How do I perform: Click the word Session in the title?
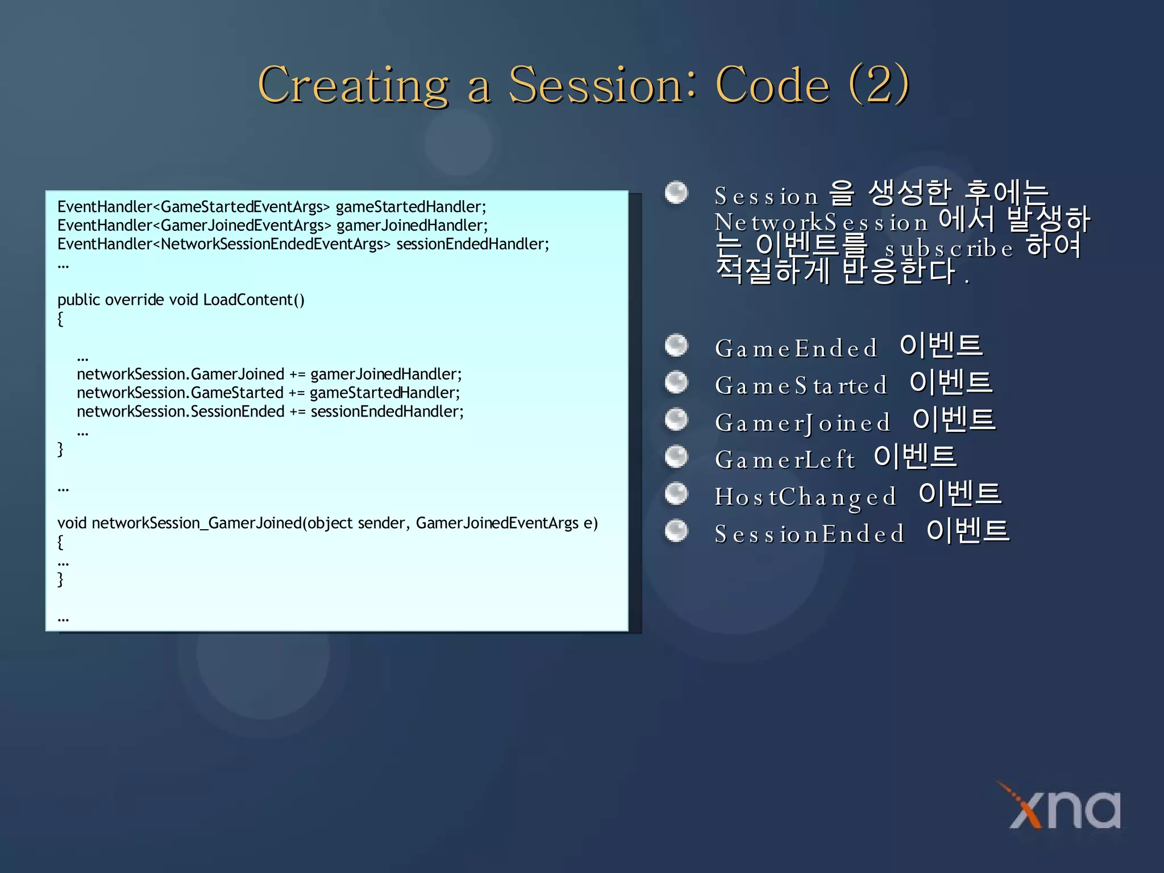point(602,85)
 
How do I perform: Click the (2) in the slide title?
point(879,85)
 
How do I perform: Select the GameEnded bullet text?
point(796,348)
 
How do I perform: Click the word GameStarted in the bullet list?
point(801,386)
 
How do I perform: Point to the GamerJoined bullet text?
point(802,423)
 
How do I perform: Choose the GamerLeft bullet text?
point(784,460)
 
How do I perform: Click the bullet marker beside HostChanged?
point(676,493)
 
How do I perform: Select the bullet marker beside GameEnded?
point(676,345)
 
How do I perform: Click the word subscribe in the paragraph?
point(949,249)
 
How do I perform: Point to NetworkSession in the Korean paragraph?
point(821,222)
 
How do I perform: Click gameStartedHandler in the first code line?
point(410,207)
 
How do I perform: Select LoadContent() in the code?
point(253,300)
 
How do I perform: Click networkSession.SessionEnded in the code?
point(180,411)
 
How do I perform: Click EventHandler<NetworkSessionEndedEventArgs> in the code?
point(224,244)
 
